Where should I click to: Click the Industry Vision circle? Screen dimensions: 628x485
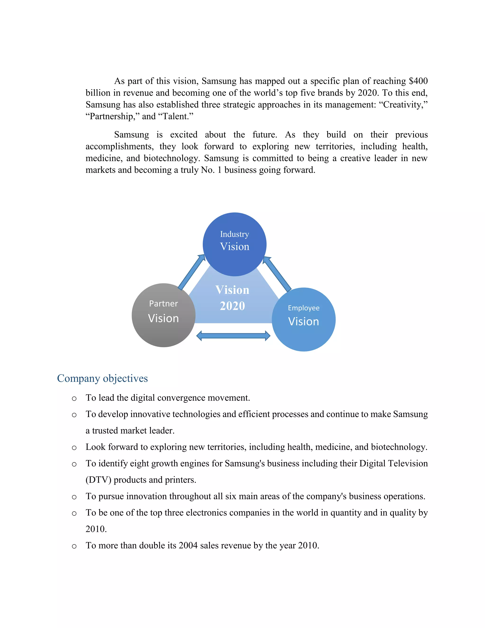(x=234, y=244)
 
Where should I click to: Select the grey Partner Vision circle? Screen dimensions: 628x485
(x=163, y=315)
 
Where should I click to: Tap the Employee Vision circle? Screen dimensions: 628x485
(x=303, y=319)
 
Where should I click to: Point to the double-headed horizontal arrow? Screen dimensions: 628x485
(x=233, y=336)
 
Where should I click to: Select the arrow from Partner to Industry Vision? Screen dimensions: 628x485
(x=191, y=272)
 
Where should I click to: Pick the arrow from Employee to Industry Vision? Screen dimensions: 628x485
(x=277, y=274)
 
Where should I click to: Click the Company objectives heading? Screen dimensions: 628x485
(x=102, y=378)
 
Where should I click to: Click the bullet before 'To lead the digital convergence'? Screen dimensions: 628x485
(x=74, y=399)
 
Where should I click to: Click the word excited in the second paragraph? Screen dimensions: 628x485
(x=184, y=135)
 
